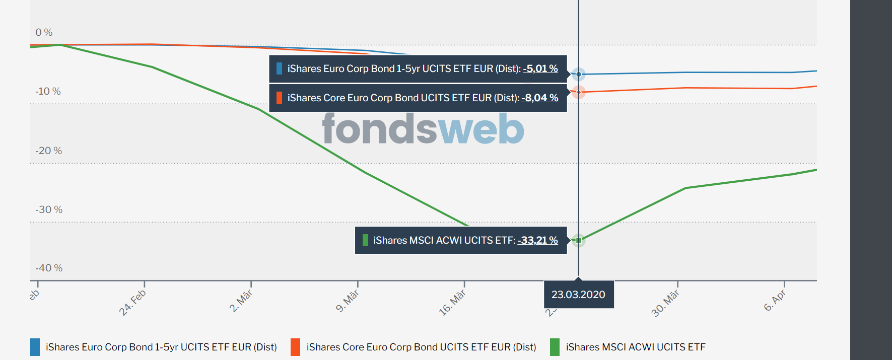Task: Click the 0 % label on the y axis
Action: pyautogui.click(x=44, y=32)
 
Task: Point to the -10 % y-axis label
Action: pyautogui.click(x=48, y=91)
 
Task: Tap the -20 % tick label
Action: pyautogui.click(x=48, y=151)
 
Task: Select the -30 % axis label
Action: pyautogui.click(x=49, y=209)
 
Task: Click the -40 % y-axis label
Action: pyautogui.click(x=49, y=268)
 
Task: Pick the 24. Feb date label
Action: pyautogui.click(x=132, y=302)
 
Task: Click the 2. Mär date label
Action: pyautogui.click(x=241, y=301)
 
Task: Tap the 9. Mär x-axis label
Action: pyautogui.click(x=348, y=301)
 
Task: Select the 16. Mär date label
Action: pyautogui.click(x=452, y=302)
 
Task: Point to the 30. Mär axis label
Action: pyautogui.click(x=665, y=303)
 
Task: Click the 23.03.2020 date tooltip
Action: pyautogui.click(x=578, y=295)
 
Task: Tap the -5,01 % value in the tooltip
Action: pyautogui.click(x=540, y=68)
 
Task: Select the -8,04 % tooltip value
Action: pyautogui.click(x=540, y=98)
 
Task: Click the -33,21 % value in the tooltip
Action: pyautogui.click(x=537, y=240)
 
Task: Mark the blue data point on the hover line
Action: pyautogui.click(x=579, y=75)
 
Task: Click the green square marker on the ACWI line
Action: pyautogui.click(x=579, y=240)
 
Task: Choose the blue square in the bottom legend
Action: pyautogui.click(x=35, y=347)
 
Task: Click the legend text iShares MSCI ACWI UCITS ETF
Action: pyautogui.click(x=636, y=347)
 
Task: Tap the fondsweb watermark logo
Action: pyautogui.click(x=423, y=129)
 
